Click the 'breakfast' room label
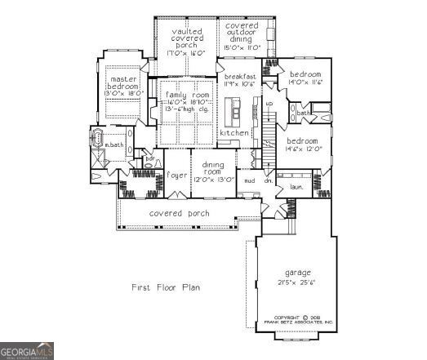(241, 76)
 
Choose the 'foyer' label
(177, 175)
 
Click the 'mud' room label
(249, 180)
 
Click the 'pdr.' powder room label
(149, 158)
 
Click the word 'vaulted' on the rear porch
(187, 31)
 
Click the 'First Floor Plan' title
(166, 287)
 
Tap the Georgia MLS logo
(27, 350)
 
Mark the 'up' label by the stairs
(269, 104)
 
